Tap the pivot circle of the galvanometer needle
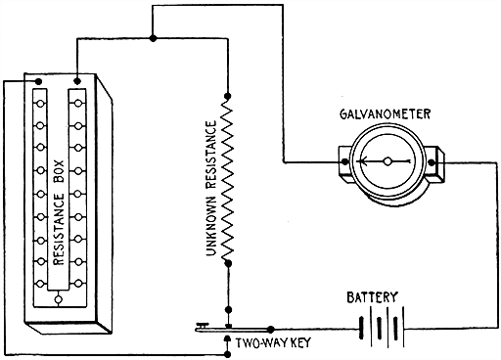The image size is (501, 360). (388, 161)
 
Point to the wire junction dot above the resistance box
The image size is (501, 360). (154, 39)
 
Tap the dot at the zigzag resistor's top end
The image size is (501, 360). (227, 96)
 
